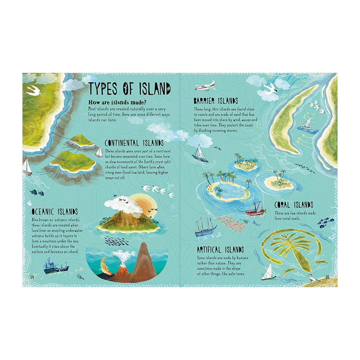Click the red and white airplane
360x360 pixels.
pos(204,85)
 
